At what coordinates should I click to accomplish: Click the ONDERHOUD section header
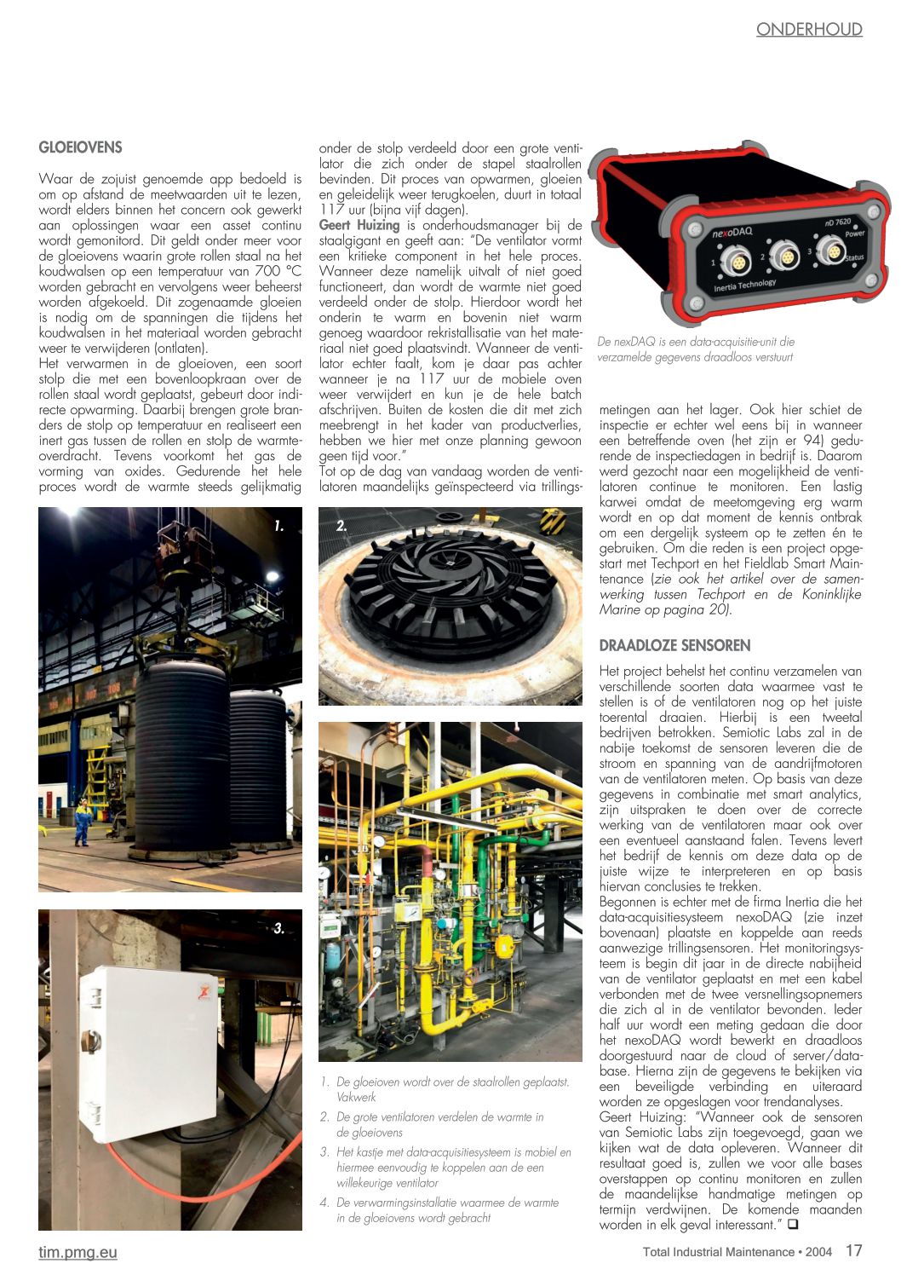click(x=809, y=30)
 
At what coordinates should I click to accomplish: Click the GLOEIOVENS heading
click(x=80, y=147)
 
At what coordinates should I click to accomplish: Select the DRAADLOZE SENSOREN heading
click(x=674, y=645)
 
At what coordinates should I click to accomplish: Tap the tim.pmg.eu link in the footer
click(x=77, y=1252)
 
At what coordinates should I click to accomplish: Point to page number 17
click(x=853, y=1250)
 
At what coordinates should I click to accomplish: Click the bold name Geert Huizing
click(x=359, y=225)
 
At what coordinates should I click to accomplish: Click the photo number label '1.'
click(x=278, y=527)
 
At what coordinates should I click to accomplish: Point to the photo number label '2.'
click(x=341, y=527)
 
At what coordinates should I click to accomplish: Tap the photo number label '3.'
click(x=278, y=928)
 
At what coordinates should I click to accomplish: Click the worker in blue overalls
click(x=82, y=821)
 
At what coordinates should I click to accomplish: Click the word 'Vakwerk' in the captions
click(x=356, y=1097)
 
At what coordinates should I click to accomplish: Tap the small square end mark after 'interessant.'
click(x=793, y=1225)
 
